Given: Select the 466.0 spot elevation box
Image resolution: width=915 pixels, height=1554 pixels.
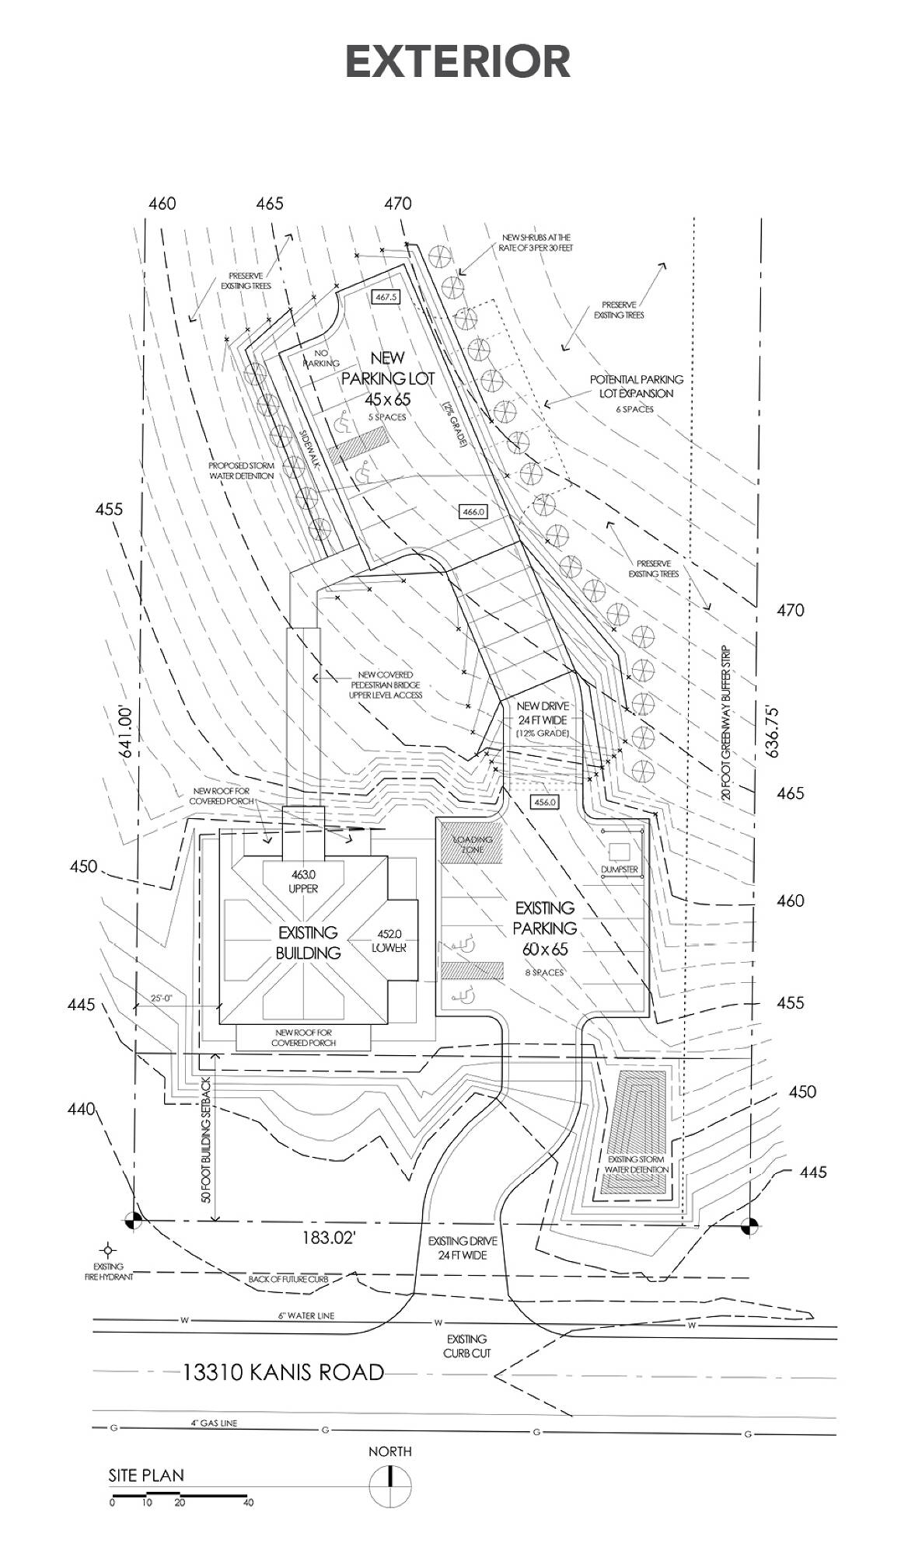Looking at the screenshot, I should point(473,512).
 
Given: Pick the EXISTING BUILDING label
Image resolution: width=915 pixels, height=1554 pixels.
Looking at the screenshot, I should point(308,943).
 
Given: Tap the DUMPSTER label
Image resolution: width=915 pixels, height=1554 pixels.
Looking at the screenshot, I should point(620,869).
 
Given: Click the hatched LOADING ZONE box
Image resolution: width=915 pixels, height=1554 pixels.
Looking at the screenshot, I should point(468,845).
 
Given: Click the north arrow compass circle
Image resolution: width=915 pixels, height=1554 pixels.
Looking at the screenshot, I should point(389,1486).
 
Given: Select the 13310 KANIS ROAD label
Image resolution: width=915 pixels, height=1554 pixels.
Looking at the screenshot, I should point(283,1372).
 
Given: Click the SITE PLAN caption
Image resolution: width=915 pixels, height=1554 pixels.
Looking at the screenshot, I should point(146,1475).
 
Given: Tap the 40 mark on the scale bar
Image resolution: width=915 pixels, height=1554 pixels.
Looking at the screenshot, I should point(248,1503).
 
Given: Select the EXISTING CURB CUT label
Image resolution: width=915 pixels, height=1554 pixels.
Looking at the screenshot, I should point(467,1346).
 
